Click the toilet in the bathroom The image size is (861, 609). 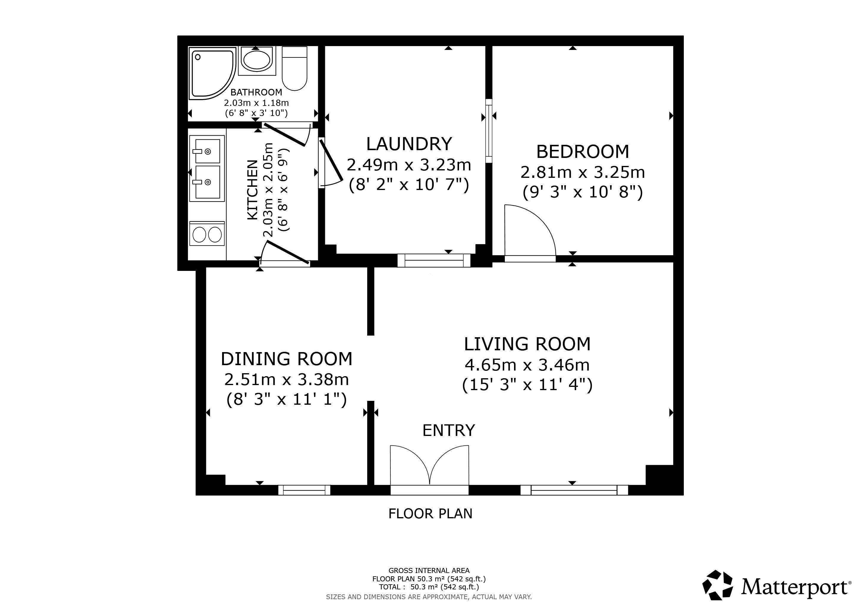coord(294,68)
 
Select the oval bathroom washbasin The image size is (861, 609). coord(257,60)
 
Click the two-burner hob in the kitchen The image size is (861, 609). coord(207,234)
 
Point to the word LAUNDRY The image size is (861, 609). coord(409,144)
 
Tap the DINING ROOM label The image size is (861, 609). coord(287,359)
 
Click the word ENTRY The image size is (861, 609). coord(449,431)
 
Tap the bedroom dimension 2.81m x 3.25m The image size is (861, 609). coord(582,172)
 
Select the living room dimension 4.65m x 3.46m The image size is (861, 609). coord(527,365)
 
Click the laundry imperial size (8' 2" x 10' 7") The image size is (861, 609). coord(409,185)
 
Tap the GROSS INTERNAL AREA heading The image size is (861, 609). coord(429,571)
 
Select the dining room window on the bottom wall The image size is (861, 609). coord(304,490)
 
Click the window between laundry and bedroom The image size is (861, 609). coord(489,131)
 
